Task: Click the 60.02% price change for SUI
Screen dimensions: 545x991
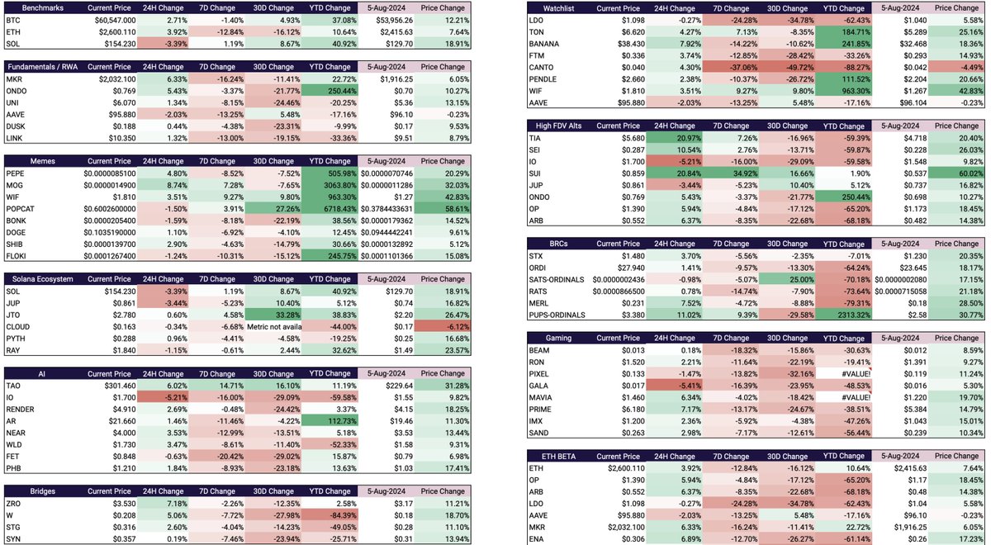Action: pos(962,173)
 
